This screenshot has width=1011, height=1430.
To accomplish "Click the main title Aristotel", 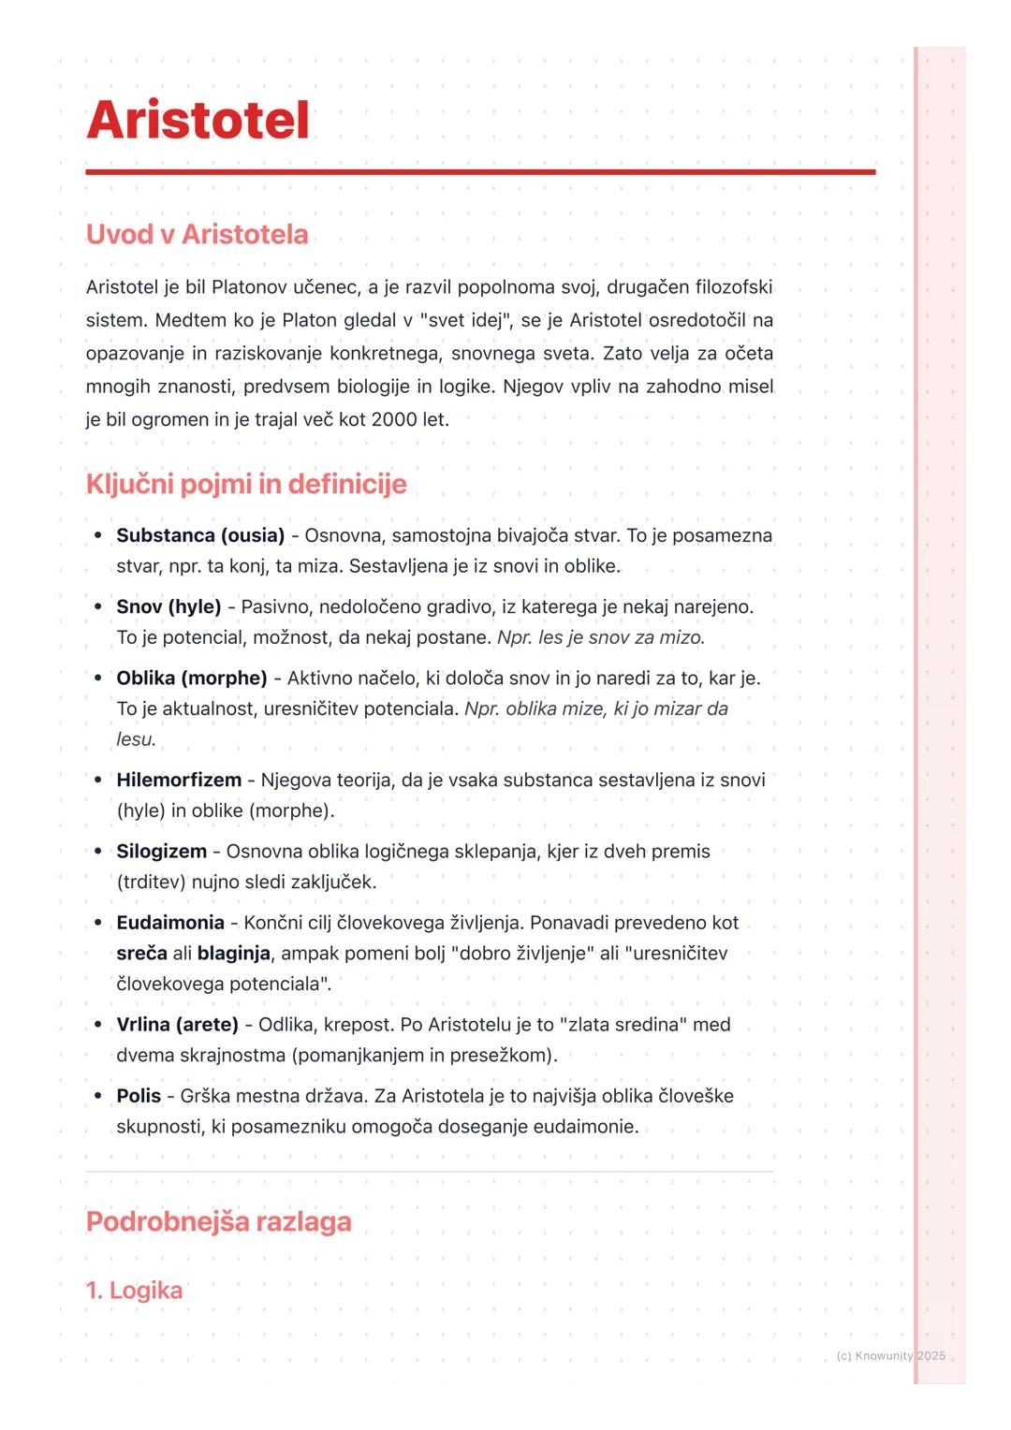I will (x=198, y=121).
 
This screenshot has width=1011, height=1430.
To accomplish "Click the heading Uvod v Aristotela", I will (x=197, y=234).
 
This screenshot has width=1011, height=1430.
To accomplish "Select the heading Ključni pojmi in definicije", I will (x=246, y=484).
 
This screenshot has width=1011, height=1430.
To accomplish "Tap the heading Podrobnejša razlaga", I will (x=218, y=1221).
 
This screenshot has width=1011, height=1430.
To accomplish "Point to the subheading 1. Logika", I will (x=134, y=1291).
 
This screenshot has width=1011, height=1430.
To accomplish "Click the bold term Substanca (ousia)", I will (x=200, y=535).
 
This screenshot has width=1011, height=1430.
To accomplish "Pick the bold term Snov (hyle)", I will (x=168, y=606).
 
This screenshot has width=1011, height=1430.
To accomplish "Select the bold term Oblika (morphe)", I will (x=192, y=678).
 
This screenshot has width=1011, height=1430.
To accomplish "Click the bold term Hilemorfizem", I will (x=179, y=780).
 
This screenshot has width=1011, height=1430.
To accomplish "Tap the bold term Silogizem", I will (x=161, y=852).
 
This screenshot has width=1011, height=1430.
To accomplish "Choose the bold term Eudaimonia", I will (x=170, y=923).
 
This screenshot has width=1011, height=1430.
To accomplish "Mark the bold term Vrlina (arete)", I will (x=177, y=1025).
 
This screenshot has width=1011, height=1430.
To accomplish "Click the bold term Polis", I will (x=139, y=1096).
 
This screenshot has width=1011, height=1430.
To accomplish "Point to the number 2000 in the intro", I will (x=393, y=419).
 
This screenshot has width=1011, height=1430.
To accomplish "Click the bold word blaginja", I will (x=233, y=954).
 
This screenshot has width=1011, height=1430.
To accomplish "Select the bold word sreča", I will (x=141, y=954).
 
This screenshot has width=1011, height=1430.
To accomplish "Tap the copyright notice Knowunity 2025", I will (x=890, y=1356).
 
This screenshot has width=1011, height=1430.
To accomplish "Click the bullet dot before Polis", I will (x=97, y=1096).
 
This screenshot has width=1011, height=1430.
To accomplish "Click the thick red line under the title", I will (x=480, y=172).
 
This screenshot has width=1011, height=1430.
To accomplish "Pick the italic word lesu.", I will (x=135, y=739).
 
